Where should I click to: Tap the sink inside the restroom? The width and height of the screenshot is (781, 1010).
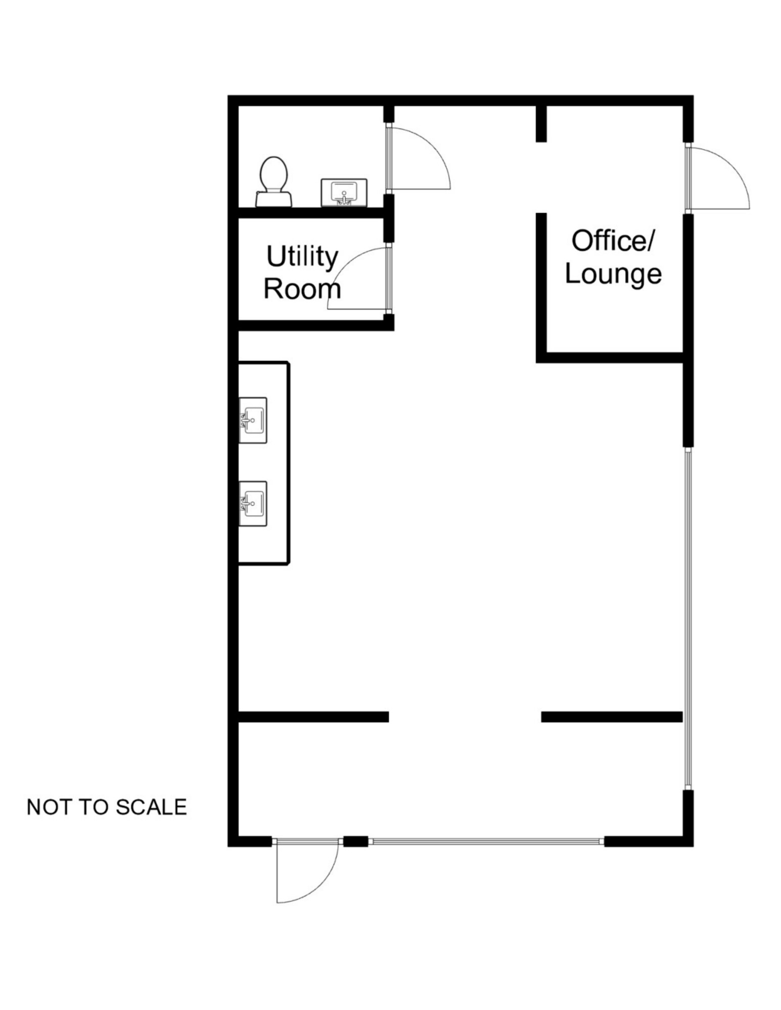pos(344,192)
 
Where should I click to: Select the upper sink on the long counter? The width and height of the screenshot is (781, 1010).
pos(253,420)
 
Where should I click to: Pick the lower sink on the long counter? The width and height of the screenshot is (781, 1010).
pos(253,503)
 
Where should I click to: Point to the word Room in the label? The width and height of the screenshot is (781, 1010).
pos(302,289)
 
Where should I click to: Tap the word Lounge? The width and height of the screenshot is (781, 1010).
pos(613,273)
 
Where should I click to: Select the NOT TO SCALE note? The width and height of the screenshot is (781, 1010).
pos(107,807)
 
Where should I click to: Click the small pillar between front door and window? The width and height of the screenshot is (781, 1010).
pos(355,842)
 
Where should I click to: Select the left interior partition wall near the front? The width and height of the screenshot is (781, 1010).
pos(313,716)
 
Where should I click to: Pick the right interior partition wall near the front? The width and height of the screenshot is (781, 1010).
pos(612,716)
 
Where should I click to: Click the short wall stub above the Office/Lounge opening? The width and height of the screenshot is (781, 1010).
pos(541,124)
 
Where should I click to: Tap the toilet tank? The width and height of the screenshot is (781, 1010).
pos(273,199)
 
